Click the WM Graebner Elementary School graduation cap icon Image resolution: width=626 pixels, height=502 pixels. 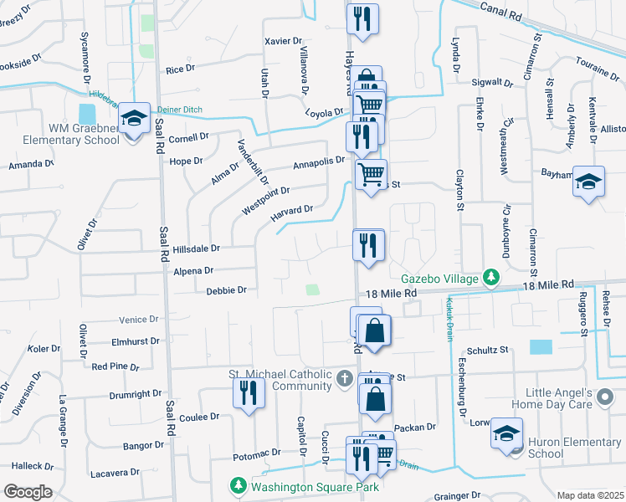tap(133, 120)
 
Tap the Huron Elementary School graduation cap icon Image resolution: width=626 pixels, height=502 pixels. tap(506, 433)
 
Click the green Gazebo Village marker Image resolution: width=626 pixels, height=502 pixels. tap(494, 278)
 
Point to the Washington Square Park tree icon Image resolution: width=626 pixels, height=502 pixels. tap(239, 486)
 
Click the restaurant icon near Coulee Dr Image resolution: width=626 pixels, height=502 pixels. tap(249, 393)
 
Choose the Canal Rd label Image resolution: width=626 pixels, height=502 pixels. tap(500, 10)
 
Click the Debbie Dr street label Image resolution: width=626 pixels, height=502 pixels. tap(226, 290)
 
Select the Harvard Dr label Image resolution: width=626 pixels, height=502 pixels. tap(291, 214)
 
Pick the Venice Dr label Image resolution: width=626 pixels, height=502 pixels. tap(138, 320)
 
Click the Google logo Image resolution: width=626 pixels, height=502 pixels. tap(27, 492)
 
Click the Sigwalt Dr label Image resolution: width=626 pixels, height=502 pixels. tap(492, 82)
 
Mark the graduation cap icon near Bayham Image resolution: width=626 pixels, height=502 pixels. tap(588, 182)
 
